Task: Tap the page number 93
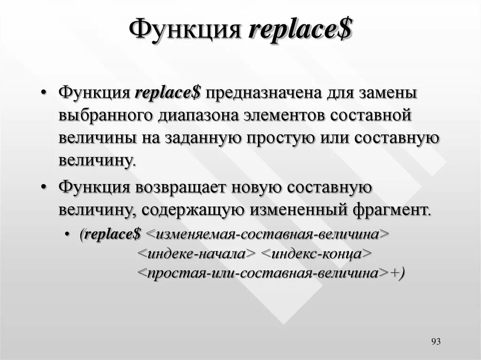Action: point(435,341)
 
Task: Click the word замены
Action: point(388,92)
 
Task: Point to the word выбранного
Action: point(107,115)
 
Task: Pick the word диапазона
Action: point(200,115)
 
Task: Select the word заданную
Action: point(202,138)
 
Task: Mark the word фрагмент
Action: point(391,209)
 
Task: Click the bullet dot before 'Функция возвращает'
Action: point(43,187)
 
